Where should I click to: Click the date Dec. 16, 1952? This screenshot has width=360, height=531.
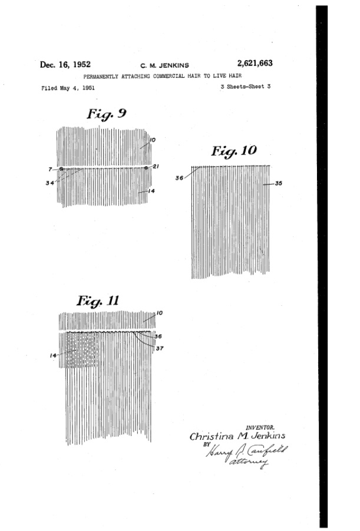[x=65, y=65]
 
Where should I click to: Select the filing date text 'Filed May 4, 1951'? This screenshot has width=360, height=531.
[x=68, y=88]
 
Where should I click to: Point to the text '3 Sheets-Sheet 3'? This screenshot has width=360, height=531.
[x=246, y=87]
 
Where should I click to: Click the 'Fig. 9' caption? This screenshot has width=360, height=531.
[x=106, y=114]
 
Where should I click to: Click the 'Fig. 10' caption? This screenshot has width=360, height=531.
[x=234, y=151]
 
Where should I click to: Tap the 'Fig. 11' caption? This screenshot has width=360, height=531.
[x=98, y=301]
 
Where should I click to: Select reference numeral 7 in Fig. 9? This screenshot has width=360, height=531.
[x=51, y=169]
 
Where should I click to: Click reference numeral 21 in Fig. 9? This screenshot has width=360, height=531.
[x=156, y=167]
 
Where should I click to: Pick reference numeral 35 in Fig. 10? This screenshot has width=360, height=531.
[x=279, y=183]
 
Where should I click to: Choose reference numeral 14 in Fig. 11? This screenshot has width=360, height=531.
[x=54, y=355]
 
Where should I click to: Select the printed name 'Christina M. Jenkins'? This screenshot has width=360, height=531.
[x=237, y=436]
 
